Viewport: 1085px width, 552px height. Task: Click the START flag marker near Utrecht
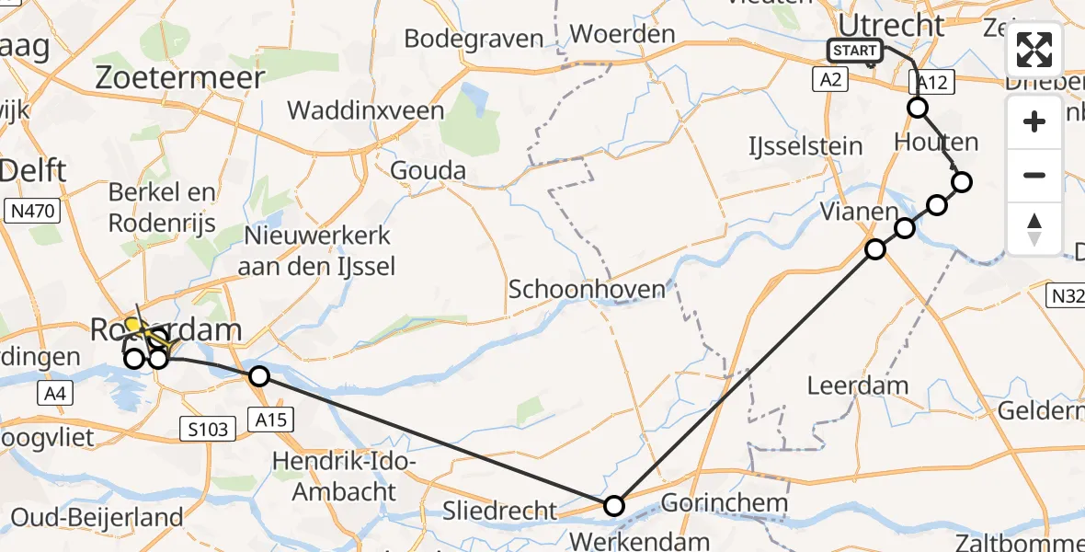pyautogui.click(x=854, y=51)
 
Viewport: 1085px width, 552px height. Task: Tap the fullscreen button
pyautogui.click(x=1034, y=50)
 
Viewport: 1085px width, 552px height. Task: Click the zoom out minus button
pyautogui.click(x=1034, y=175)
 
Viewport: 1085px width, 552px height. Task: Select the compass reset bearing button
pyautogui.click(x=1034, y=229)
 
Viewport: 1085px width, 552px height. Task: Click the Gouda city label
pyautogui.click(x=428, y=170)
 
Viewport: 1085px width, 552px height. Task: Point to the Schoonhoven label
pyautogui.click(x=587, y=290)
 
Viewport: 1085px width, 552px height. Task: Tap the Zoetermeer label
pyautogui.click(x=180, y=77)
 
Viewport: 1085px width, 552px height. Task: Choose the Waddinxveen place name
pyautogui.click(x=366, y=111)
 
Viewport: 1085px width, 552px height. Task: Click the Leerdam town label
pyautogui.click(x=858, y=385)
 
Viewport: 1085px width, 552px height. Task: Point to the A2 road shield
pyautogui.click(x=829, y=81)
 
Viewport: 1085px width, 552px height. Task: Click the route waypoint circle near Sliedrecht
pyautogui.click(x=613, y=505)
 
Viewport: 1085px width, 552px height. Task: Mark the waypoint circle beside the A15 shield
pyautogui.click(x=259, y=376)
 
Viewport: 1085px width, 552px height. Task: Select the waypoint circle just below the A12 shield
pyautogui.click(x=918, y=109)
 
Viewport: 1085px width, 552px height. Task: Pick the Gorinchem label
pyautogui.click(x=725, y=503)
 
